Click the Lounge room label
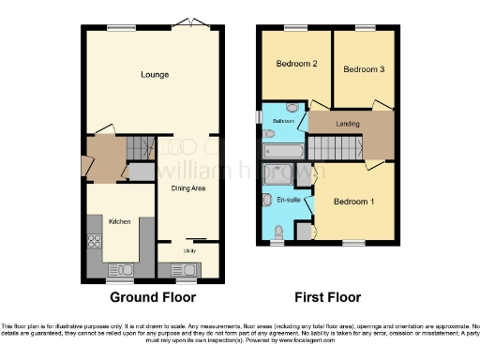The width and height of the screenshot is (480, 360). click(155, 74)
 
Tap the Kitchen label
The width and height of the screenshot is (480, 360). click(119, 221)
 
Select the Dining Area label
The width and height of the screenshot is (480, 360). click(188, 188)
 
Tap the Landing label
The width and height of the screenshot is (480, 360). click(348, 124)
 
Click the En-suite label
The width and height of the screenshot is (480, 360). click(289, 200)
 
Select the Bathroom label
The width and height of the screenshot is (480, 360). click(284, 122)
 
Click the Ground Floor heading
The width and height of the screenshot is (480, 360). click(154, 298)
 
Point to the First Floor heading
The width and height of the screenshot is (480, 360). click(328, 298)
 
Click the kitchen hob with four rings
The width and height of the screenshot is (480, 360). click(94, 240)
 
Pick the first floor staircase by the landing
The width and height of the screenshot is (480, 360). click(336, 147)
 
